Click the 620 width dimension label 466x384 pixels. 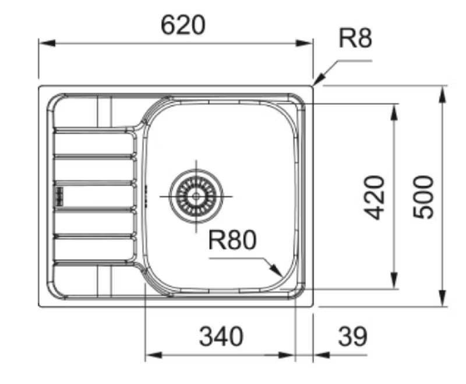pyautogui.click(x=183, y=25)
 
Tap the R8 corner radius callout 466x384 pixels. pyautogui.click(x=355, y=38)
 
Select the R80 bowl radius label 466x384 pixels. pyautogui.click(x=232, y=239)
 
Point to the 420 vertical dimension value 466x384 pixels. pyautogui.click(x=374, y=198)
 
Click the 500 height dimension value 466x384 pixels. pyautogui.click(x=423, y=197)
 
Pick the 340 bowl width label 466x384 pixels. pyautogui.click(x=221, y=336)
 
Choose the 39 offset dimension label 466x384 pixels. pyautogui.click(x=353, y=336)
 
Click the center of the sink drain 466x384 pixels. pyautogui.click(x=196, y=196)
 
